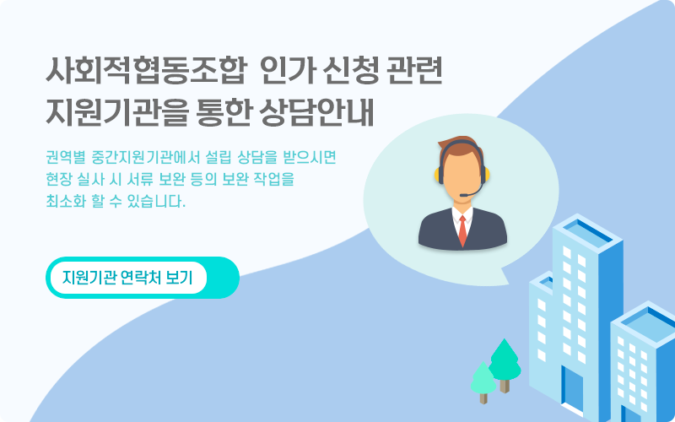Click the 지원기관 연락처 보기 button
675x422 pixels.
[128, 278]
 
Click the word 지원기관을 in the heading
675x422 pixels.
[117, 113]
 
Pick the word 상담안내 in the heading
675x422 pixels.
[316, 113]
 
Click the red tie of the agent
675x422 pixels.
[462, 230]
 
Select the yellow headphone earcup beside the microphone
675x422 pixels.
[487, 175]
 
